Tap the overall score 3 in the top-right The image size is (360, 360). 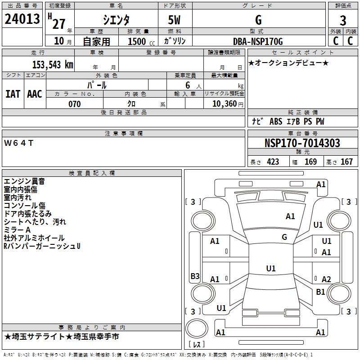pyautogui.click(x=343, y=21)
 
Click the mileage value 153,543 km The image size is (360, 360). pyautogui.click(x=52, y=65)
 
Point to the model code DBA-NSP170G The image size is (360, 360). pyautogui.click(x=258, y=42)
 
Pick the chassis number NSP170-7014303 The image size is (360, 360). pyautogui.click(x=302, y=143)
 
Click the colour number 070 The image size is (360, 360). pyautogui.click(x=74, y=104)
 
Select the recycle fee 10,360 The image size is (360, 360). pyautogui.click(x=224, y=104)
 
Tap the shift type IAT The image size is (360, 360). pyautogui.click(x=13, y=94)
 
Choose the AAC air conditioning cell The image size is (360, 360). pyautogui.click(x=35, y=94)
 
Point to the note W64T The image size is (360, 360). pyautogui.click(x=18, y=143)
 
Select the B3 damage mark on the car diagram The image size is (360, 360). pyautogui.click(x=195, y=276)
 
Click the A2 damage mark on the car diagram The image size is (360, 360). pyautogui.click(x=326, y=279)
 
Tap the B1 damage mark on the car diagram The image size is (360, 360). pyautogui.click(x=320, y=292)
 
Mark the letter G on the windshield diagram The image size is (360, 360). pyautogui.click(x=284, y=237)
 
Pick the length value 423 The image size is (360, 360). pyautogui.click(x=273, y=162)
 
